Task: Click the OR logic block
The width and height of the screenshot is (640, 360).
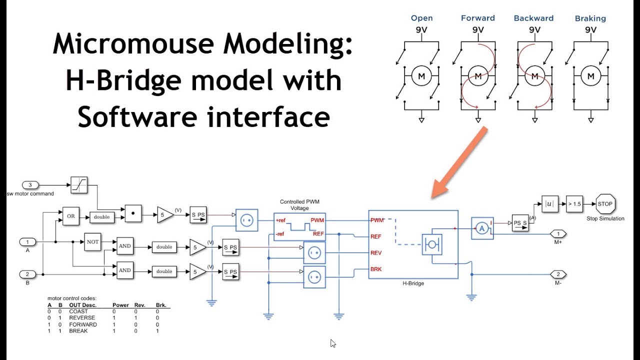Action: coord(71,216)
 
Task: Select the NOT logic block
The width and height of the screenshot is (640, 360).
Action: coord(92,241)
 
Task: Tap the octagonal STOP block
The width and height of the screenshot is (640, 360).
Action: coord(605,204)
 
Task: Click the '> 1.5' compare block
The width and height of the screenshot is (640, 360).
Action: coord(574,204)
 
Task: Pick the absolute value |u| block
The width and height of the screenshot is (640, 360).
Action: coord(549,204)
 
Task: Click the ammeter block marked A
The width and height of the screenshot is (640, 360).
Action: coord(482,228)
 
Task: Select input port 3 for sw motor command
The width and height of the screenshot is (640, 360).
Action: coord(30,185)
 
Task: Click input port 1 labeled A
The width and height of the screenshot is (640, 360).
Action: coord(27,242)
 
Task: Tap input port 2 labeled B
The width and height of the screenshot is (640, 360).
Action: coord(27,274)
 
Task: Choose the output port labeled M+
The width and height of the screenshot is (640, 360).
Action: coord(558,233)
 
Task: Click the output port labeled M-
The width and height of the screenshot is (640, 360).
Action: coord(558,274)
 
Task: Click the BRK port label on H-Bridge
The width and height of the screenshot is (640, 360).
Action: coord(376,269)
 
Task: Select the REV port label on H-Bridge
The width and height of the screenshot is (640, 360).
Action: coord(376,253)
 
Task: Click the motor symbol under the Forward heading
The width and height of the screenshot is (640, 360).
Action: coord(478,76)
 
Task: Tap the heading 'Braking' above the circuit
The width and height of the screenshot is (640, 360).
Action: coord(590,18)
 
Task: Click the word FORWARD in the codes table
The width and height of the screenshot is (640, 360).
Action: coord(83,324)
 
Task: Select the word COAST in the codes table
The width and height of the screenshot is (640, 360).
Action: coord(78,311)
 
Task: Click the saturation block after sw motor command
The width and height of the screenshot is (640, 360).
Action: coord(79,185)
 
